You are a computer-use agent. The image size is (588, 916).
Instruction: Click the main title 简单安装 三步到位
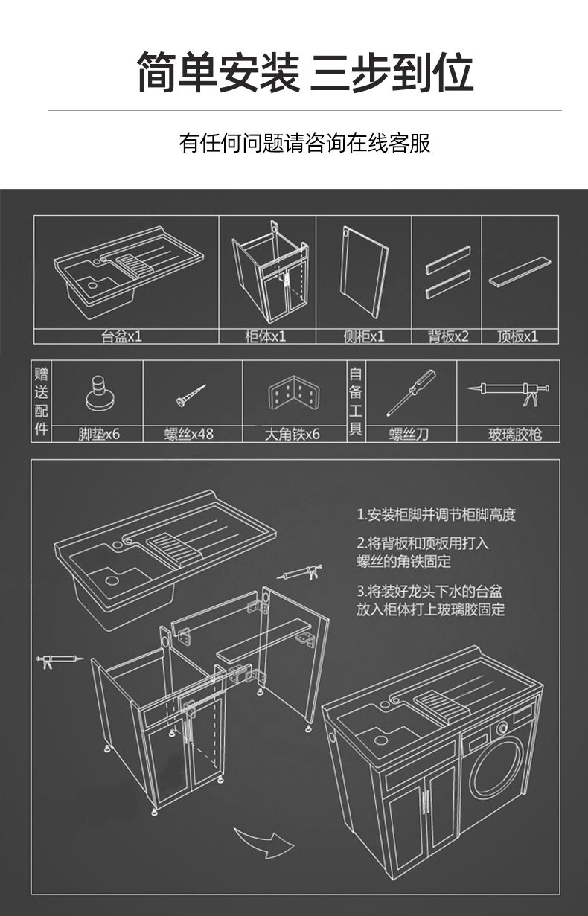coord(304,72)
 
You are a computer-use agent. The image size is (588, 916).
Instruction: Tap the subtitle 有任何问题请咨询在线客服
coord(304,143)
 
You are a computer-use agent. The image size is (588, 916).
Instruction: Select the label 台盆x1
coord(121,336)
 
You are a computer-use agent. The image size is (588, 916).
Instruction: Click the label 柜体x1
coord(266,336)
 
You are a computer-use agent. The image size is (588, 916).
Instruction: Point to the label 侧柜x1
coord(364,336)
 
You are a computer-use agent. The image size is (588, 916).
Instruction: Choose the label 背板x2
coord(448,336)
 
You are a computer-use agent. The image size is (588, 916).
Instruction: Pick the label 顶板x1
coord(518,336)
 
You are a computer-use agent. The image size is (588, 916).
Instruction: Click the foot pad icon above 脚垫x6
coord(100,394)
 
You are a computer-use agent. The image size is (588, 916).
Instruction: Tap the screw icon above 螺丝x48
coord(191,395)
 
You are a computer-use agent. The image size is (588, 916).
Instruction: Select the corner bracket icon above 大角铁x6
coord(293,394)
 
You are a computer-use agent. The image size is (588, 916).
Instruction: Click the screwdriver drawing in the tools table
coord(411,393)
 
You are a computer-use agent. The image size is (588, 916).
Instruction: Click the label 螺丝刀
coord(409,434)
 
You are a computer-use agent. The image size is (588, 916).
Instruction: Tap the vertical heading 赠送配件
coord(41,401)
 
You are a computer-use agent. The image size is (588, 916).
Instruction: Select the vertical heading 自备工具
coord(356,401)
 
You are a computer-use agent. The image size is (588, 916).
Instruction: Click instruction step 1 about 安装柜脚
coord(436,515)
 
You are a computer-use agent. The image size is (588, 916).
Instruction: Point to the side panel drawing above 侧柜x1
coord(364,272)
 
